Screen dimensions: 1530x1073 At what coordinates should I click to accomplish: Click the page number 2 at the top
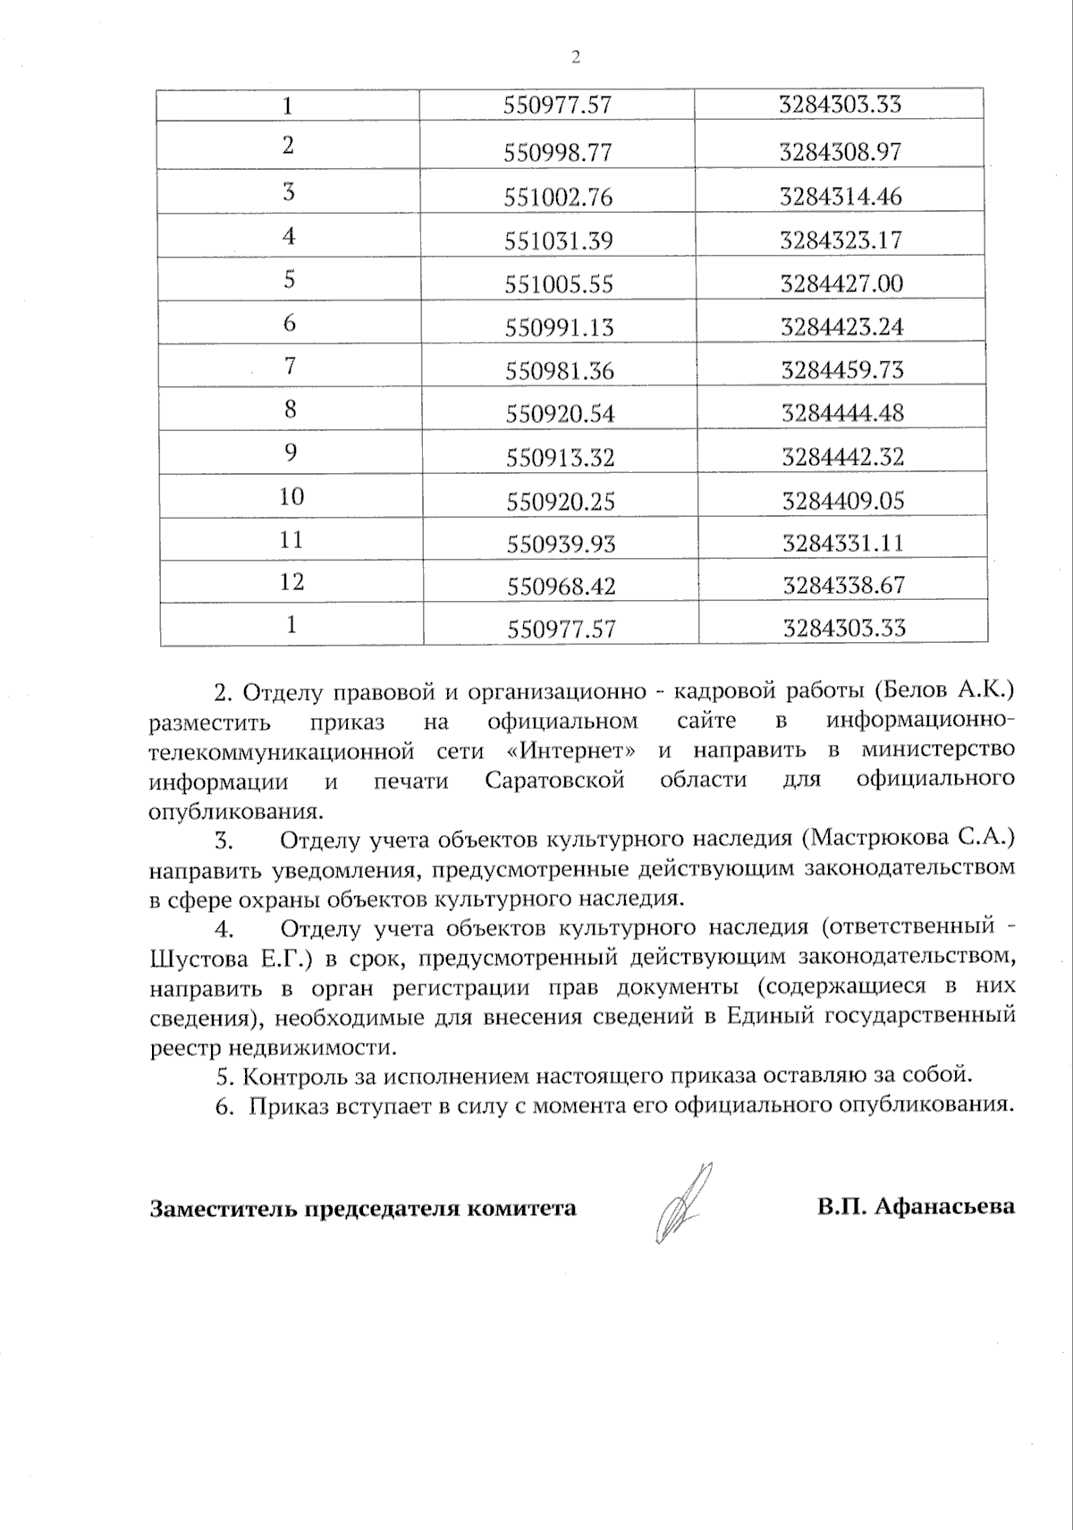(575, 57)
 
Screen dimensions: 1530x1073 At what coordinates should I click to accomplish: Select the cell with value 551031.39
(559, 240)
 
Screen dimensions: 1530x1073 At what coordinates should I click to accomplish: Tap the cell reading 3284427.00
(841, 283)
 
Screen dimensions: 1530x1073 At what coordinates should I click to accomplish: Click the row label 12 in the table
(291, 582)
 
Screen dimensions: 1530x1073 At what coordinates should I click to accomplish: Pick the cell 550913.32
(561, 457)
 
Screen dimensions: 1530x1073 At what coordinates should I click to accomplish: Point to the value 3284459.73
(842, 370)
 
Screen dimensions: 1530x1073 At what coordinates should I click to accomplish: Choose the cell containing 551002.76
(559, 197)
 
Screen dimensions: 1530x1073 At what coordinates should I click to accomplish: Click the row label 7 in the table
(290, 366)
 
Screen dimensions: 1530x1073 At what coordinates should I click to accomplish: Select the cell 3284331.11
(843, 543)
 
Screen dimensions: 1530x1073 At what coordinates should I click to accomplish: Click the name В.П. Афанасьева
(915, 1206)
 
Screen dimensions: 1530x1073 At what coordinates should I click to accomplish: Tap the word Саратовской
(554, 780)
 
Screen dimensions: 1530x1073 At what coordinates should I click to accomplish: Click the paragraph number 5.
(224, 1077)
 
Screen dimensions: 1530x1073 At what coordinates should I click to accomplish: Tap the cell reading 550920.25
(561, 501)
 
